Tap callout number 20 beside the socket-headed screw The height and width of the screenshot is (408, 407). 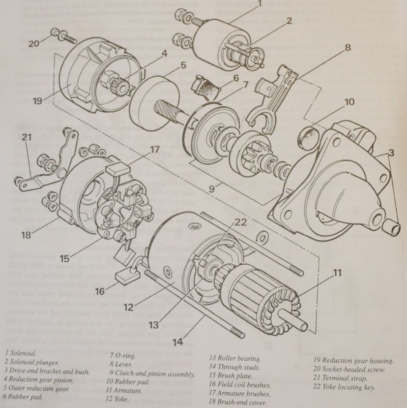click(33, 44)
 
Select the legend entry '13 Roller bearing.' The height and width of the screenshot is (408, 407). click(236, 358)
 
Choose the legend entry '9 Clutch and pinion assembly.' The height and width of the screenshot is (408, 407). click(151, 374)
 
